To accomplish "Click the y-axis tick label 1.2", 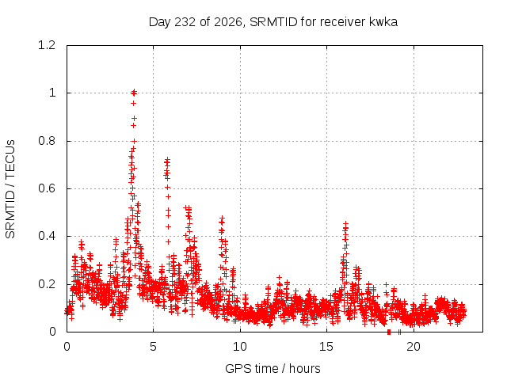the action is (x=47, y=45).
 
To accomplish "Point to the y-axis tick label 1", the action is (x=52, y=93).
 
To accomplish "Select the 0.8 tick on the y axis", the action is (x=47, y=141).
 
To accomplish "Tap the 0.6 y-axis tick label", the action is (x=47, y=188).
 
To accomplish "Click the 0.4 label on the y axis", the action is (x=47, y=236).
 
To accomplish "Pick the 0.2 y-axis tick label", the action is (x=47, y=284).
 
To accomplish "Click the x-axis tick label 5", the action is (x=153, y=347).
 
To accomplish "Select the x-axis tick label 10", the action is (x=240, y=347).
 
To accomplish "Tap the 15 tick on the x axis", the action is (x=326, y=347).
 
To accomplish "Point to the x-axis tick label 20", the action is (x=414, y=347).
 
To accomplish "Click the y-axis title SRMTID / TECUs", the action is (x=10, y=189).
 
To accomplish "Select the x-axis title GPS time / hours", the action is (x=273, y=369).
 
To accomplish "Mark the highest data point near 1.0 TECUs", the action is (x=134, y=93).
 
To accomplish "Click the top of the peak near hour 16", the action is (x=346, y=223).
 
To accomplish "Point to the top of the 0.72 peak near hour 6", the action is (x=167, y=160).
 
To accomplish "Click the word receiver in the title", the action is (x=343, y=22).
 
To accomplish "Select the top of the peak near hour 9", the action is (x=222, y=218).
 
